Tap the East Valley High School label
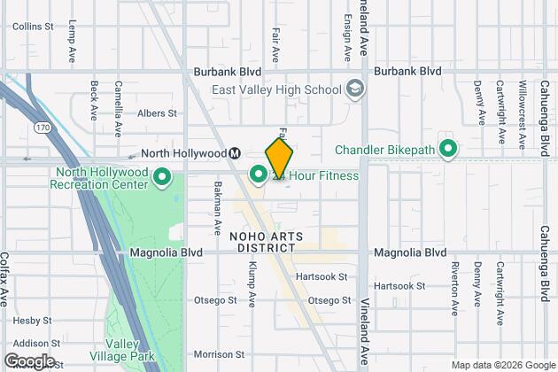(x=275, y=89)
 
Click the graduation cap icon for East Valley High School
(x=355, y=89)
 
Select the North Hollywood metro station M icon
(x=236, y=152)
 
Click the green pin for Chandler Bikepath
(x=448, y=150)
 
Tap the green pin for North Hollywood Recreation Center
(x=162, y=178)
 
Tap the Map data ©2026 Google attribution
(x=502, y=365)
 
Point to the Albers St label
(x=157, y=113)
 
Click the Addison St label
(x=31, y=344)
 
